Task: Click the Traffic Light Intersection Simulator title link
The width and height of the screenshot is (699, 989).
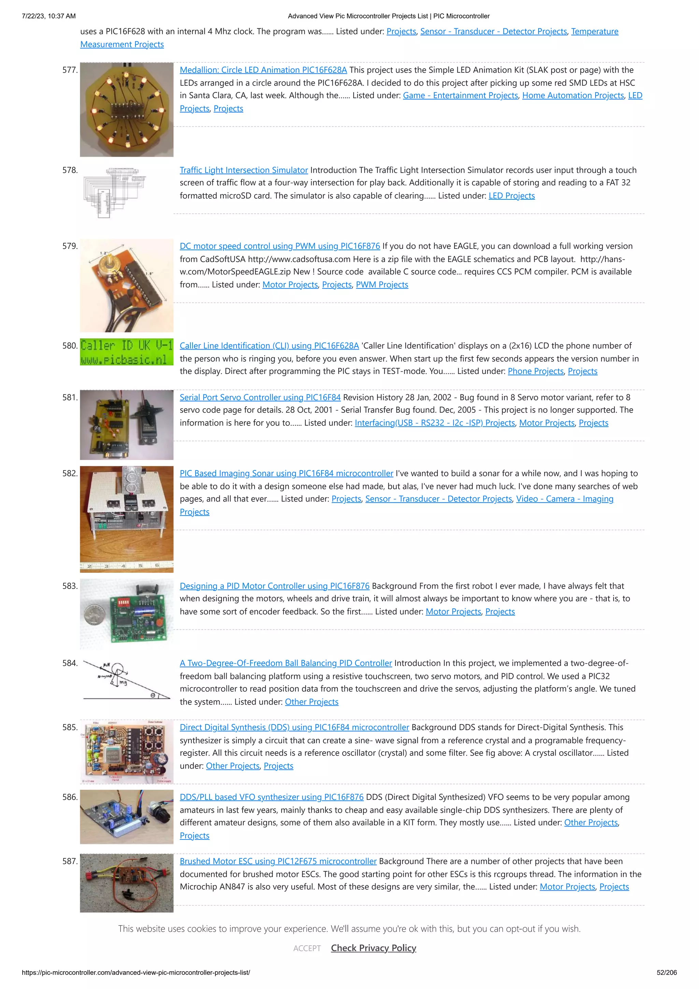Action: (x=244, y=170)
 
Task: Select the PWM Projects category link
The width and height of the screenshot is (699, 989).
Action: (x=382, y=285)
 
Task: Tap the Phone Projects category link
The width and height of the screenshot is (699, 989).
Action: (x=535, y=371)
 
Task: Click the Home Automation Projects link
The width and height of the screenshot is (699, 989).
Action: (x=573, y=96)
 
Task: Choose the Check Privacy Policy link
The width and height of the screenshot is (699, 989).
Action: (x=373, y=948)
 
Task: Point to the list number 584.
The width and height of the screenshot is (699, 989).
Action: (x=70, y=663)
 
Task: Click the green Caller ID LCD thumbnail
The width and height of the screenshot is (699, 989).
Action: (x=127, y=352)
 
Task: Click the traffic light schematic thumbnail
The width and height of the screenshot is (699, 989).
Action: (x=115, y=193)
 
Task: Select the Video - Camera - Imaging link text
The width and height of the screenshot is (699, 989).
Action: (x=564, y=499)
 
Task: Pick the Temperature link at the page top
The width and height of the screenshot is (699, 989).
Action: (x=594, y=31)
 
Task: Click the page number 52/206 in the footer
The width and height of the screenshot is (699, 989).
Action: (x=666, y=973)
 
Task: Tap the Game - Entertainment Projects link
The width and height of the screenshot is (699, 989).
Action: (x=460, y=96)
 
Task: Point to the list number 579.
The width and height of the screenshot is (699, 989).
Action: (x=70, y=246)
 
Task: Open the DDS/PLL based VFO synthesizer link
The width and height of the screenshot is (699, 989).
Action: (x=271, y=797)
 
